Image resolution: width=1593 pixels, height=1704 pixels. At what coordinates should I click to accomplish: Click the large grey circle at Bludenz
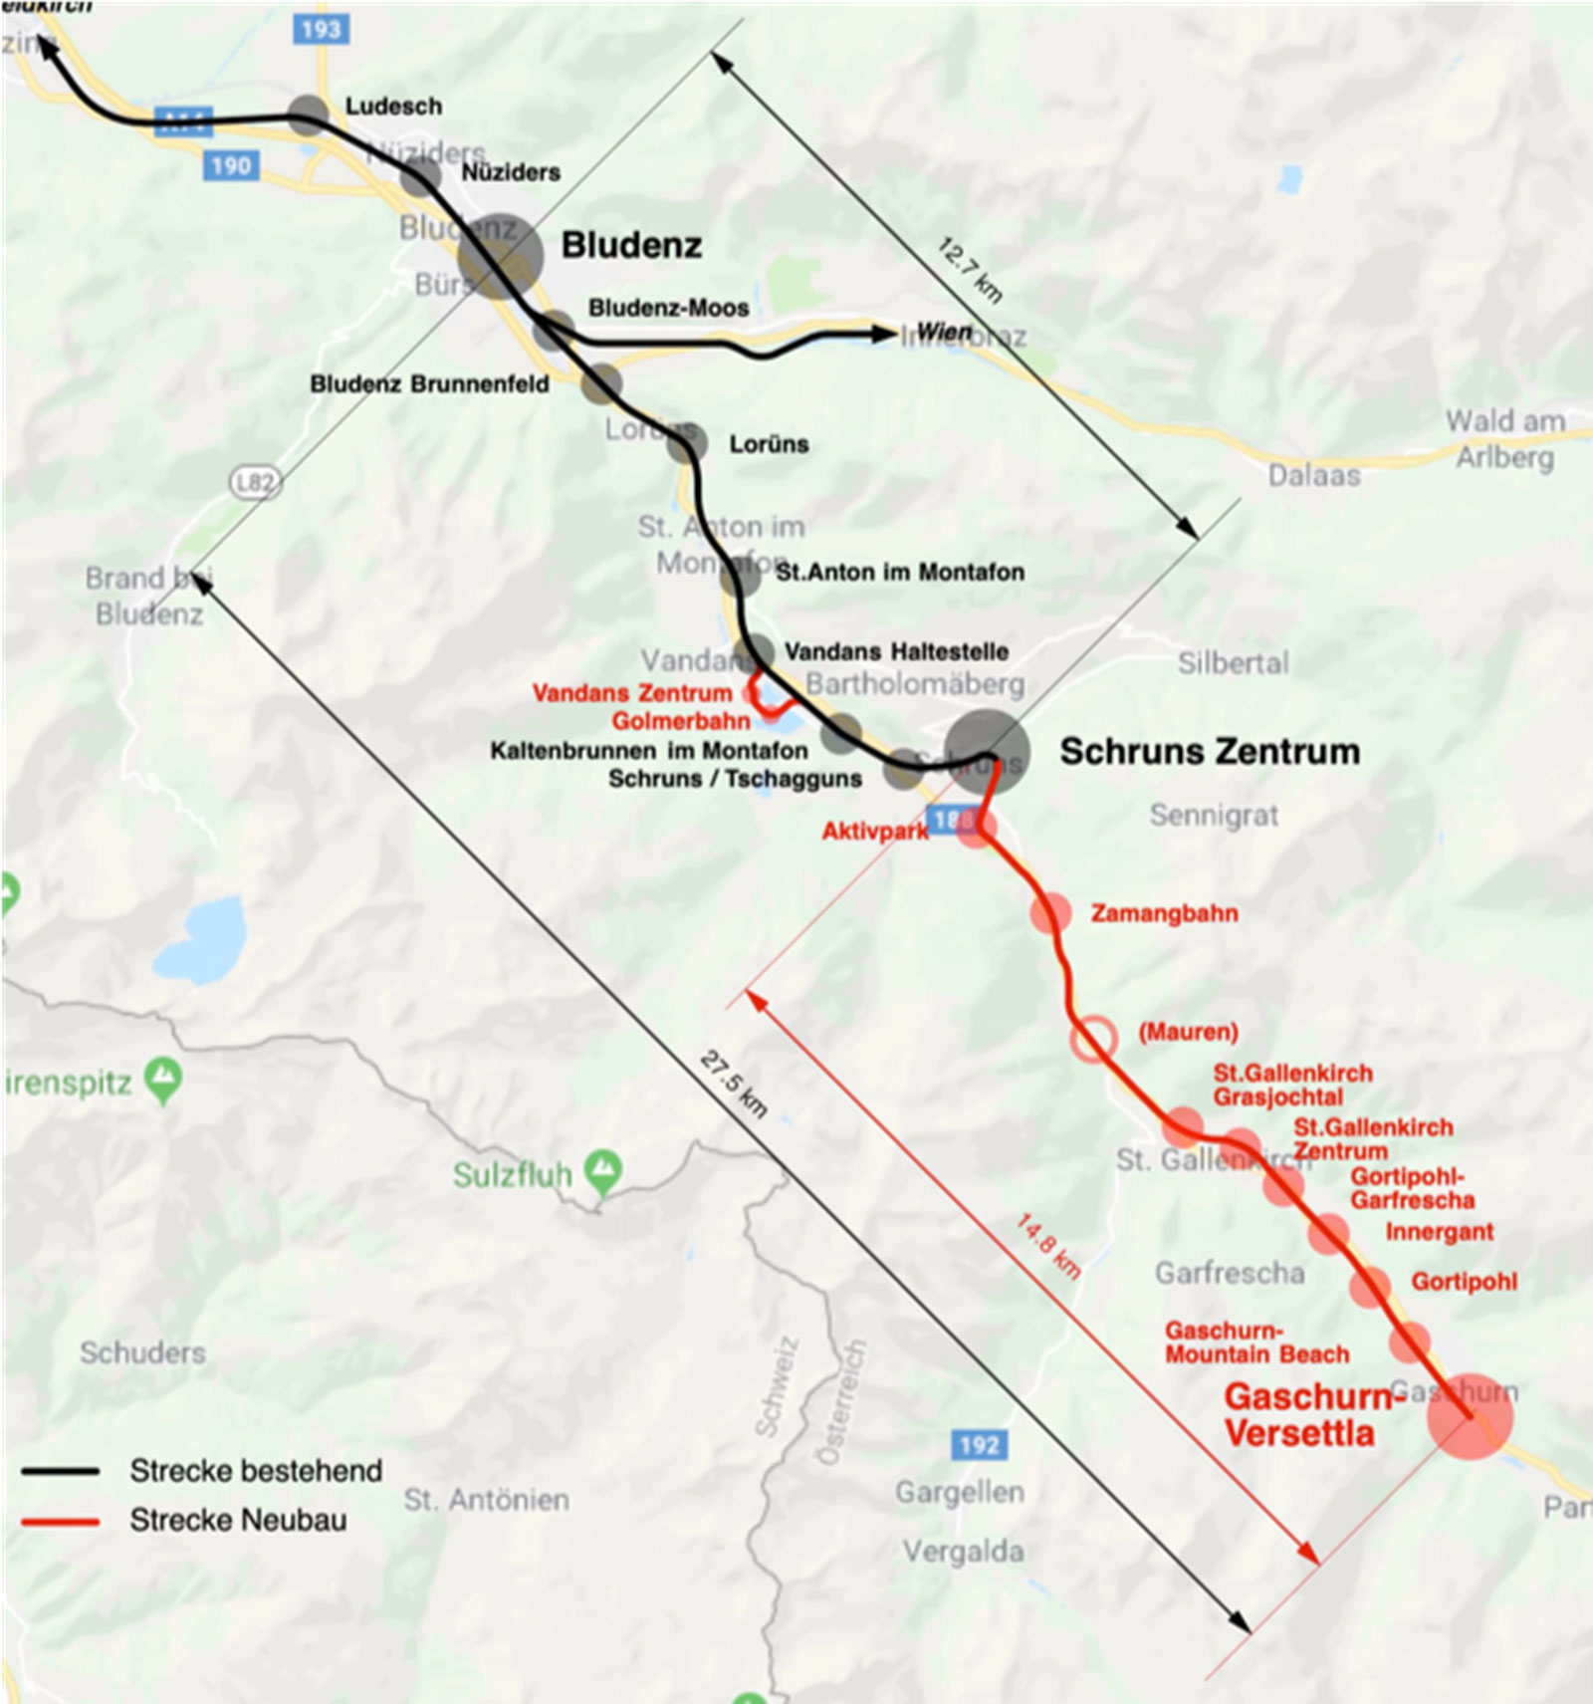click(x=500, y=256)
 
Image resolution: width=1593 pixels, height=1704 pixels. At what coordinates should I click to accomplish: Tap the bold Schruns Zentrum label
click(x=1209, y=751)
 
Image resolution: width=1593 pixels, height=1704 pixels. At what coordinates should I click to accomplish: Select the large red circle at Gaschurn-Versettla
click(x=1469, y=1416)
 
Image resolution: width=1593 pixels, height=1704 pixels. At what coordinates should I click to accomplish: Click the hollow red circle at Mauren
click(x=1092, y=1039)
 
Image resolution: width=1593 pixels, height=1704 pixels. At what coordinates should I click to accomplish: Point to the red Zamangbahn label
click(x=1164, y=913)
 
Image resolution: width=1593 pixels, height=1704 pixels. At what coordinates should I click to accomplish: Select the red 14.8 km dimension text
click(x=1047, y=1245)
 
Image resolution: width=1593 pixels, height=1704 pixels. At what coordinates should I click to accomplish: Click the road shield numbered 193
click(x=320, y=29)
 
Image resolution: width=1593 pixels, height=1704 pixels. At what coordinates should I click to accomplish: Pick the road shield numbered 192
click(x=979, y=1444)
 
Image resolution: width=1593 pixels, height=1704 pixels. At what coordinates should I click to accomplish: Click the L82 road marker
click(x=255, y=484)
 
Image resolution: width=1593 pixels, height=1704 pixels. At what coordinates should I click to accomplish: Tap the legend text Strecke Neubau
click(x=238, y=1520)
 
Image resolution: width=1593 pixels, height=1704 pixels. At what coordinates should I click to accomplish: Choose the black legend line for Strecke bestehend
click(x=61, y=1471)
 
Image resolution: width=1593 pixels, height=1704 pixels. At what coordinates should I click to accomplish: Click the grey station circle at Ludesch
click(x=309, y=115)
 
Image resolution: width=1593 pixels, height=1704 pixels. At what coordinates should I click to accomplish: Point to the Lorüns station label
click(x=768, y=444)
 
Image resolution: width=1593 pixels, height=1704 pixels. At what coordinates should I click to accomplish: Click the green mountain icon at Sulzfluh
click(x=603, y=1171)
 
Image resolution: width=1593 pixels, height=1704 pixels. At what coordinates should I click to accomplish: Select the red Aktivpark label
click(x=874, y=832)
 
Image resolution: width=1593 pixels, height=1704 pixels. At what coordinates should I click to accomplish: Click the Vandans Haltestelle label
click(x=896, y=651)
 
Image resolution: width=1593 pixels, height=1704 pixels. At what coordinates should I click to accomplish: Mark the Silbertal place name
click(x=1233, y=663)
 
